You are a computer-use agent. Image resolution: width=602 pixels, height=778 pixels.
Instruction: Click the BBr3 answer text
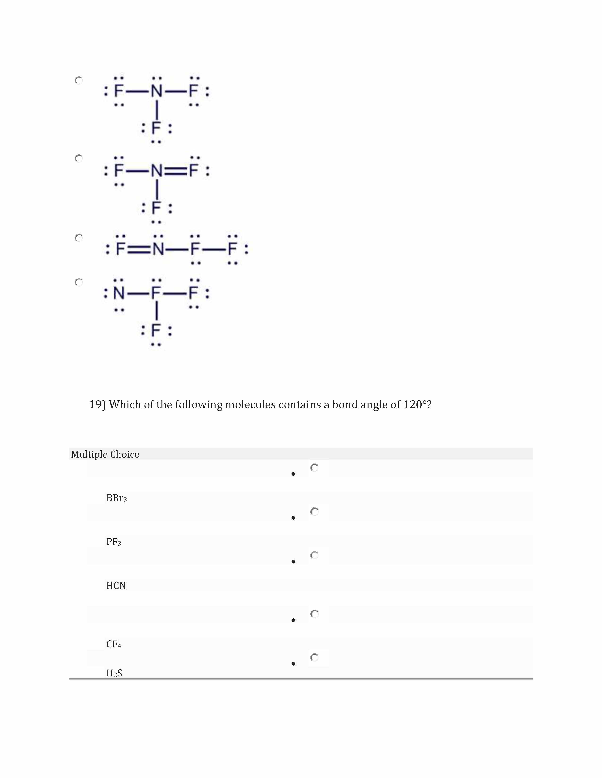coord(117,498)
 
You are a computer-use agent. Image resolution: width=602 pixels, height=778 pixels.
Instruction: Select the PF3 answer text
coord(114,542)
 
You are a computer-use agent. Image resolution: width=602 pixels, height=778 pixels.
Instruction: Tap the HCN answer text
coord(116,586)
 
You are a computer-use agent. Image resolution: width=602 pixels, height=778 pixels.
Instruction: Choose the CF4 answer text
coord(114,644)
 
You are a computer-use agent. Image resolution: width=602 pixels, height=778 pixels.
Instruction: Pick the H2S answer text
coord(114,673)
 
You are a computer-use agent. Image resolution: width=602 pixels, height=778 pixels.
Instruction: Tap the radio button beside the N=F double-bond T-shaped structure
coord(79,158)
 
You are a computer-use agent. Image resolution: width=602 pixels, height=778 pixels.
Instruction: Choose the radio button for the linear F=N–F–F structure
coord(79,238)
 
